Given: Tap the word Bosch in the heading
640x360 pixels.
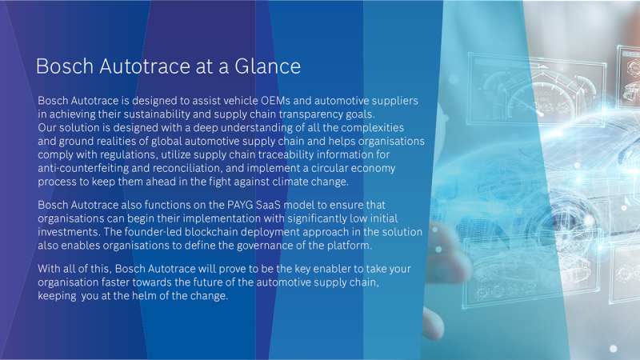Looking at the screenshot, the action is (65, 66).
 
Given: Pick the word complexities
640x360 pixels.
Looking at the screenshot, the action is (372, 128).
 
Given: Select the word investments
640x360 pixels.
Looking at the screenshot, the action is (69, 232).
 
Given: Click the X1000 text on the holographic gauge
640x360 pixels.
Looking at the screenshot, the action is (543, 94).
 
